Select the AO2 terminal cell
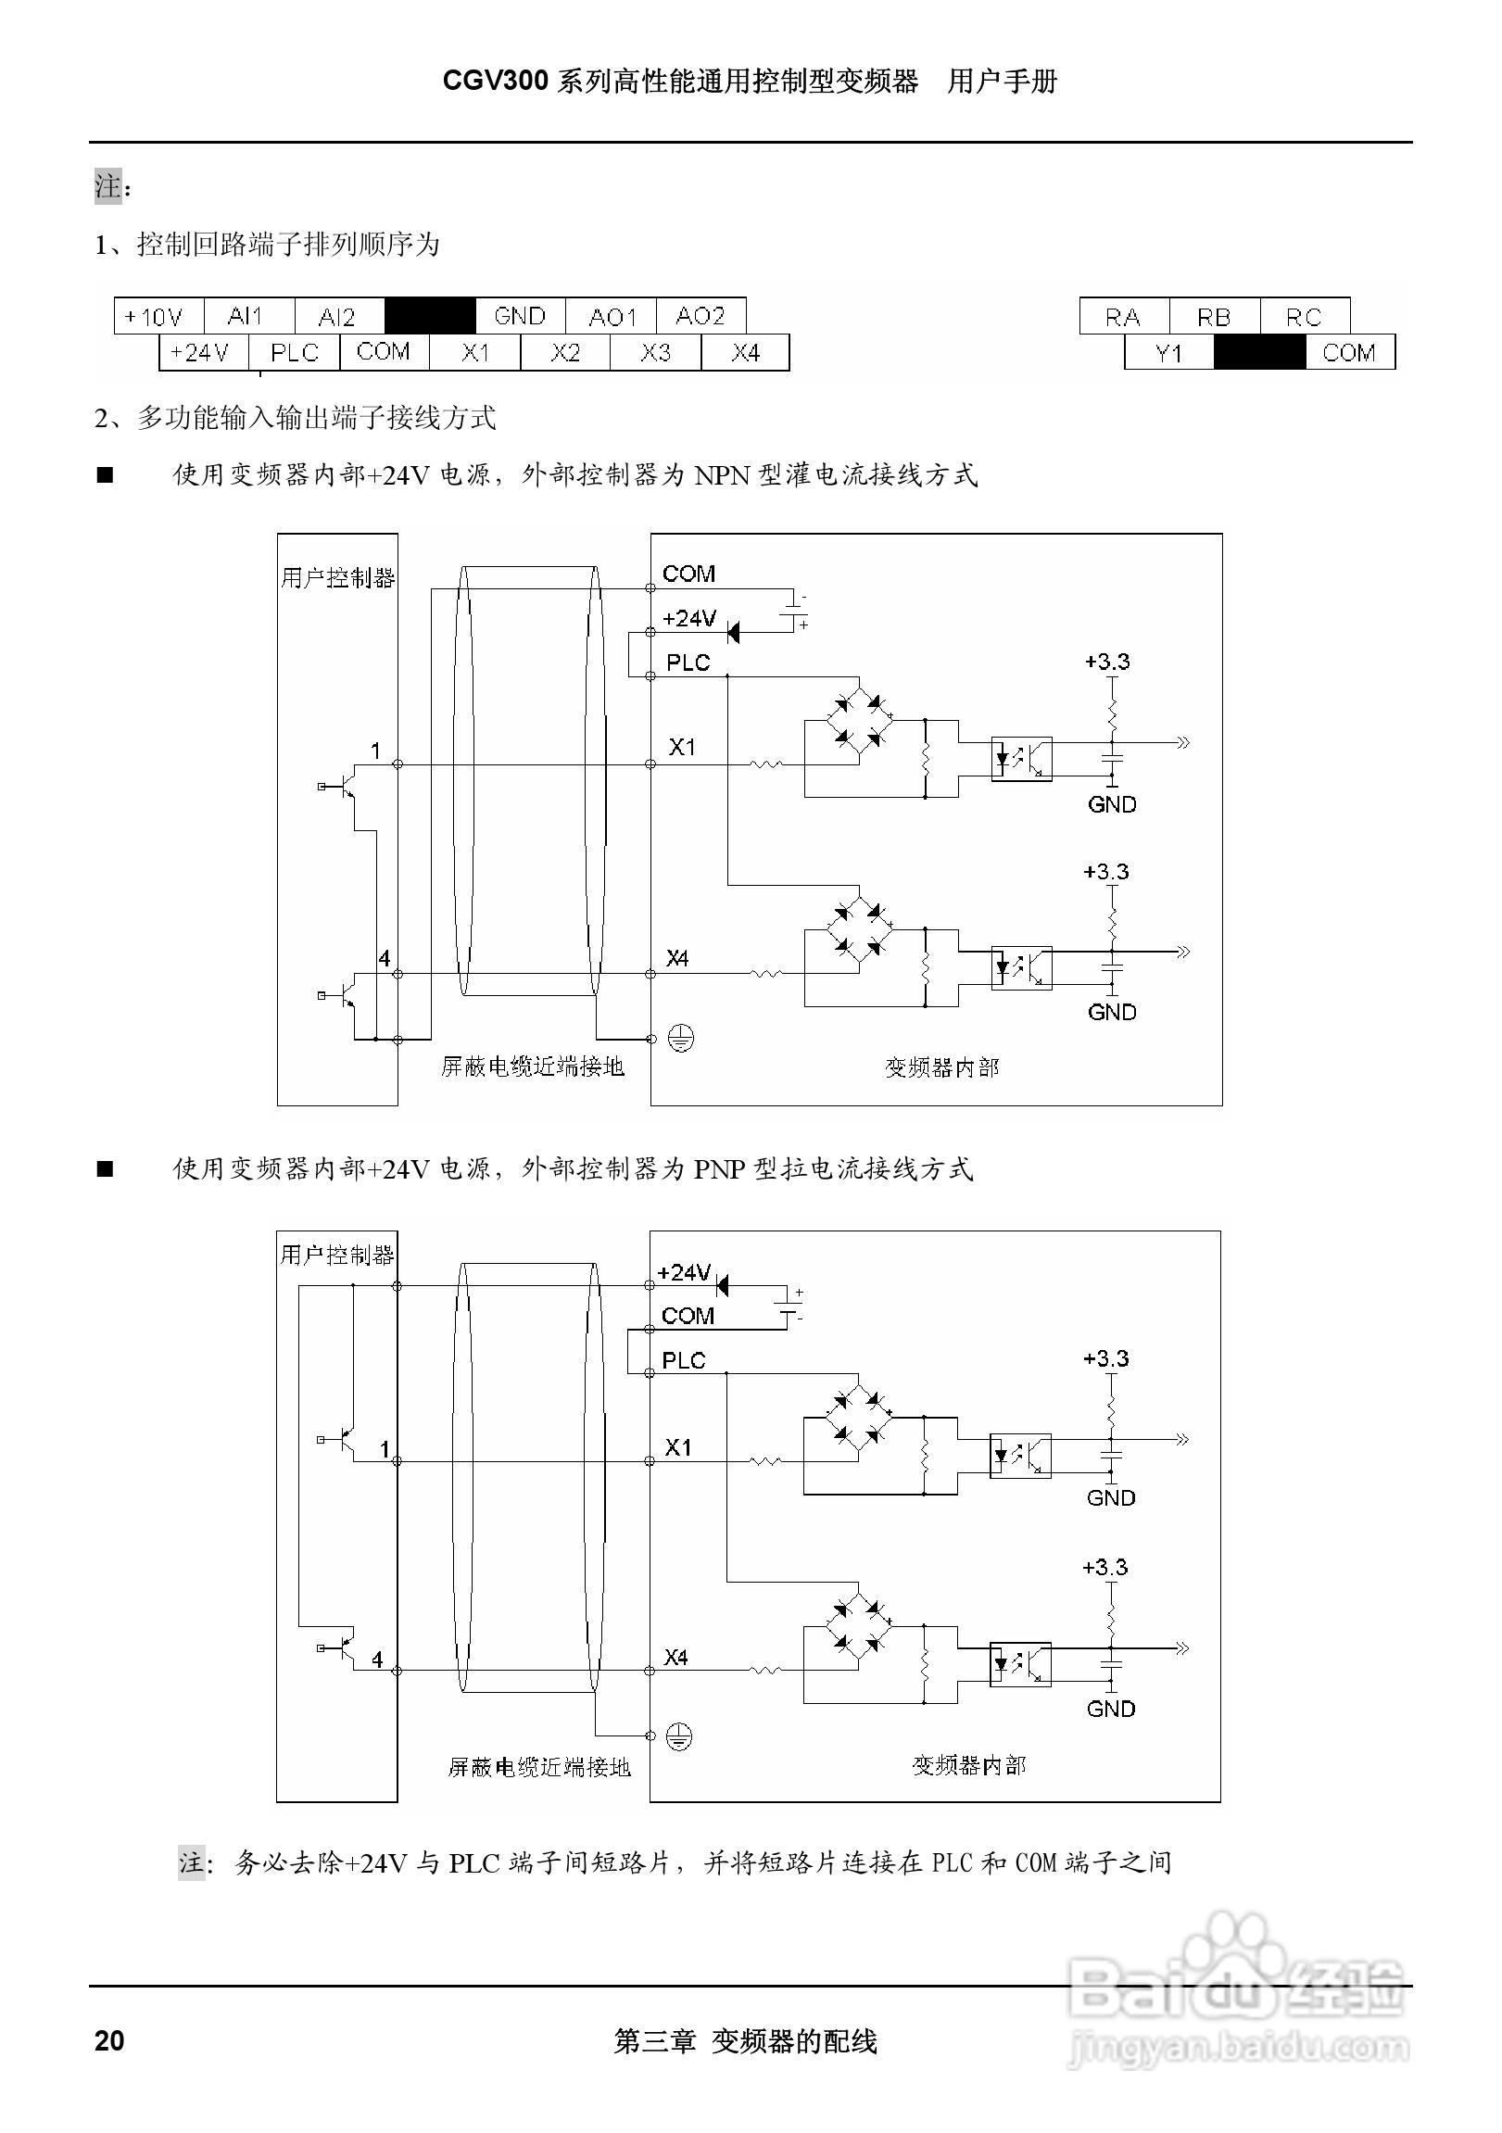click(x=701, y=317)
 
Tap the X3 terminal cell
click(x=655, y=353)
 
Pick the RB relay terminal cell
click(x=1213, y=318)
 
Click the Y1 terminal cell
click(x=1168, y=353)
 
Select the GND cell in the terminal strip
click(x=519, y=317)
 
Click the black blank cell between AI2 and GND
click(x=429, y=316)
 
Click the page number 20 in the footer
click(x=109, y=2040)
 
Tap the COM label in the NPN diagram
click(x=688, y=574)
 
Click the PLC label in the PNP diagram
click(x=684, y=1360)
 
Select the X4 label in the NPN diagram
click(x=677, y=958)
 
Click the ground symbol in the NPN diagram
click(x=681, y=1038)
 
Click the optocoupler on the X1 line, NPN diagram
click(x=1021, y=758)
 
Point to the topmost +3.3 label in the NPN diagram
click(x=1106, y=662)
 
